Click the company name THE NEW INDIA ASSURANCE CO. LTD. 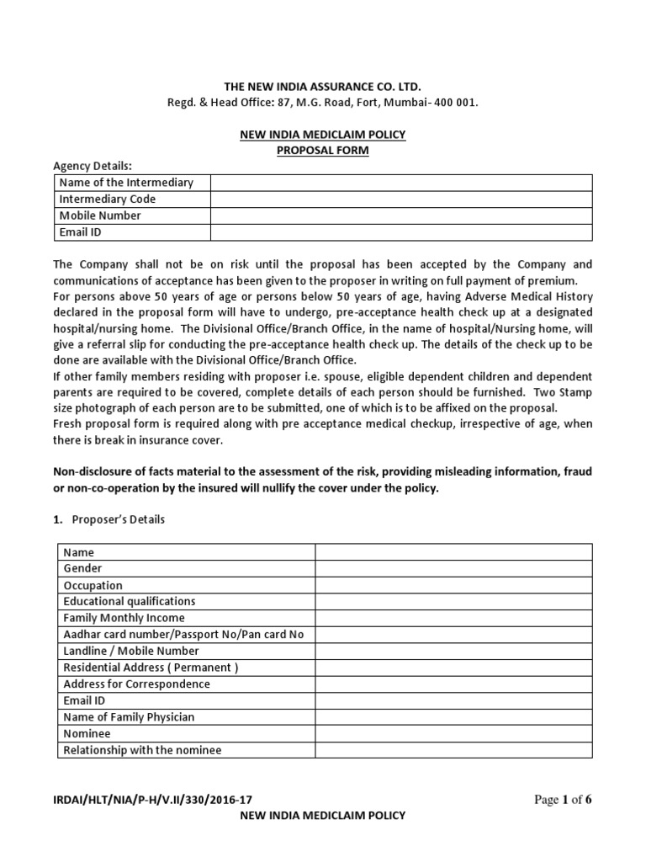coord(323,87)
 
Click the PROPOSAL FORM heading coord(323,150)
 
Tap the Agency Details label coord(93,166)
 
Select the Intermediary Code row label coord(108,199)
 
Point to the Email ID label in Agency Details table coord(81,232)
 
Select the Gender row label coord(82,569)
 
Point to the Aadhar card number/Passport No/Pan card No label coord(183,635)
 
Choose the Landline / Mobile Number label coord(131,651)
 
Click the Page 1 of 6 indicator coord(564,800)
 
